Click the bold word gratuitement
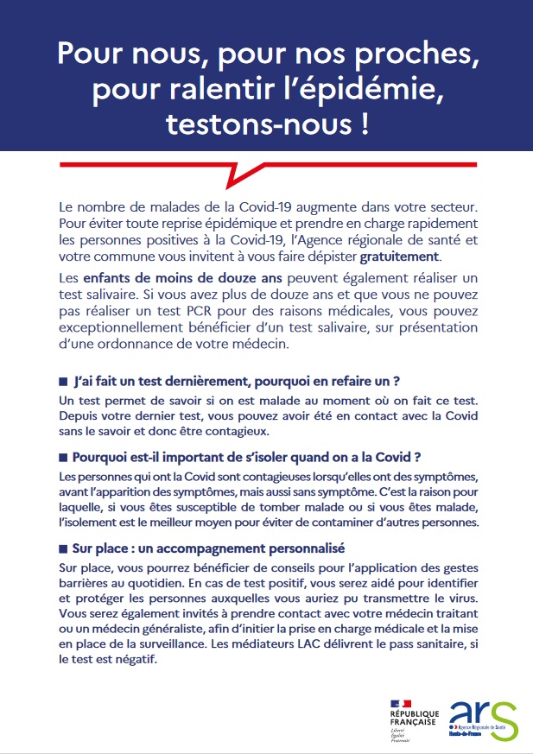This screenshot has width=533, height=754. coord(400,257)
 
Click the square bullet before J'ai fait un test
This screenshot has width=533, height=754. coord(63,382)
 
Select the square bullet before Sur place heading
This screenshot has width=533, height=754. coord(63,548)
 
